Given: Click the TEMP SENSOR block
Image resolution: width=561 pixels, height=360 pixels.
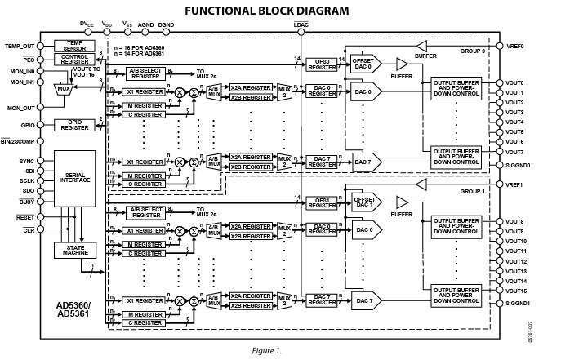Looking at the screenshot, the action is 74,46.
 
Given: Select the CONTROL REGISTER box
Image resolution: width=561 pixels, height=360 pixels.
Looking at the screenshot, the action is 74,60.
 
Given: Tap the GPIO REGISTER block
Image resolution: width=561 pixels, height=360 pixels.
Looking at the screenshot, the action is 74,125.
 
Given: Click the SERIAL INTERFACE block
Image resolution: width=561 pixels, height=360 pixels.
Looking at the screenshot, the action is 75,179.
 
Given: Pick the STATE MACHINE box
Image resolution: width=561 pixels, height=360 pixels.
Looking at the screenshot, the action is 75,251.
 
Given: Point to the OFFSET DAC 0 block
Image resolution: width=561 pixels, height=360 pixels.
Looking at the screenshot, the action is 366,64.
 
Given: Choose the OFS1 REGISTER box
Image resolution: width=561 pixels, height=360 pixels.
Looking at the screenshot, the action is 322,203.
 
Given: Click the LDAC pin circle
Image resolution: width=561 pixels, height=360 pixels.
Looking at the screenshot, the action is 301,33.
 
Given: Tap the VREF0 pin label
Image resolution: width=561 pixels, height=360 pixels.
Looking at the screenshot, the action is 515,46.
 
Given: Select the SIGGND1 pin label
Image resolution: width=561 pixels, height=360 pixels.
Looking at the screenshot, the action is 518,304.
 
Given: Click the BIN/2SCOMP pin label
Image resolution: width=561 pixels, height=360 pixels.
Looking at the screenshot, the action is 17,141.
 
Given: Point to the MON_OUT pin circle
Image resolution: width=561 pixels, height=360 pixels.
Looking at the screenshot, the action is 41,107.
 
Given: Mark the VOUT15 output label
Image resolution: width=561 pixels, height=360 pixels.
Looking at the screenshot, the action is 516,291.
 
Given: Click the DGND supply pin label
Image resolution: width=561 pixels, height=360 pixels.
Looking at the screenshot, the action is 166,25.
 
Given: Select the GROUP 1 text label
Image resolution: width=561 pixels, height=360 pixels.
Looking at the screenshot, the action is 472,192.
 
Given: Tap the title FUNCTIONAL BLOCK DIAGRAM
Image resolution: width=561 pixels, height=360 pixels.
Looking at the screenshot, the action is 267,11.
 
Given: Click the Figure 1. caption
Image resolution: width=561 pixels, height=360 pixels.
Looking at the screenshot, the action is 267,351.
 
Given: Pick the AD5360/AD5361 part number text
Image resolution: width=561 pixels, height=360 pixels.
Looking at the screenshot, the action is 73,309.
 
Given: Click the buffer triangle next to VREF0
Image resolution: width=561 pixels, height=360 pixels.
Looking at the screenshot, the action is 422,46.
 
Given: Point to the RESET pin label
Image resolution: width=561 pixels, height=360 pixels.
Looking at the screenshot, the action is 25,217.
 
